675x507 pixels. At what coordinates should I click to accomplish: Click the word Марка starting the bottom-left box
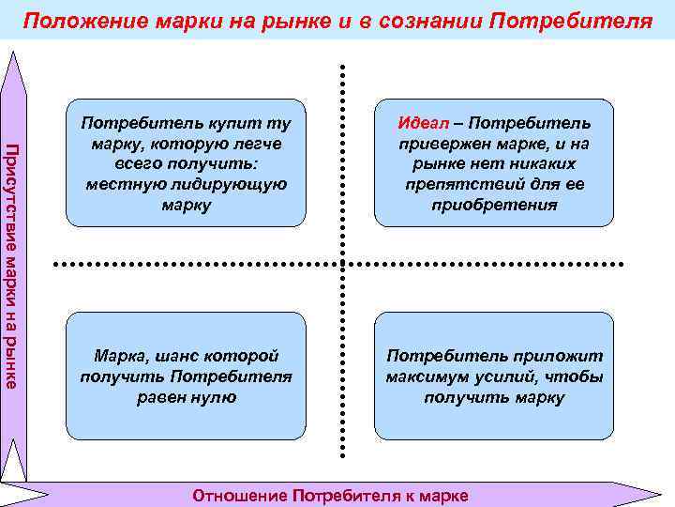click(x=118, y=356)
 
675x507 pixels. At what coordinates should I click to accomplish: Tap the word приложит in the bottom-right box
click(x=560, y=356)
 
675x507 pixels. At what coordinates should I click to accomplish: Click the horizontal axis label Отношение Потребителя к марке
click(x=329, y=495)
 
